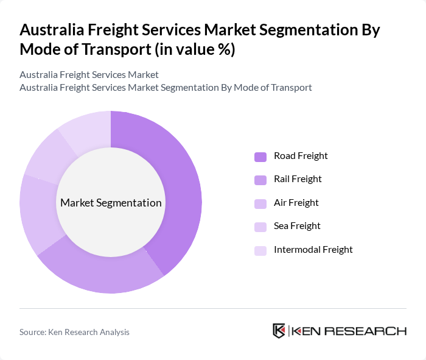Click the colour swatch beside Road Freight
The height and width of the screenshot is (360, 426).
tap(260, 157)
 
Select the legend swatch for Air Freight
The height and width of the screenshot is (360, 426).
tap(260, 203)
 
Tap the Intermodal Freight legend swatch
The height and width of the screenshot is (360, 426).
tap(260, 250)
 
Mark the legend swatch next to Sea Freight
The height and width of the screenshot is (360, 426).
tap(260, 227)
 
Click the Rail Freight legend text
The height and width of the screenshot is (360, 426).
tap(298, 179)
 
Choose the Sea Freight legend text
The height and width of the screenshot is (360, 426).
tap(297, 226)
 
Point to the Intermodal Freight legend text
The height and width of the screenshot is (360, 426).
tap(313, 250)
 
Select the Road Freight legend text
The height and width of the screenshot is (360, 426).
tap(301, 156)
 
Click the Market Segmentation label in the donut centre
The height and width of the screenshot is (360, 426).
tap(111, 203)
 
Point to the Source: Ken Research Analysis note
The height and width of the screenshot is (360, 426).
tap(74, 332)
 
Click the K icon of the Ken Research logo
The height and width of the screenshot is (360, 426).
tap(279, 331)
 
